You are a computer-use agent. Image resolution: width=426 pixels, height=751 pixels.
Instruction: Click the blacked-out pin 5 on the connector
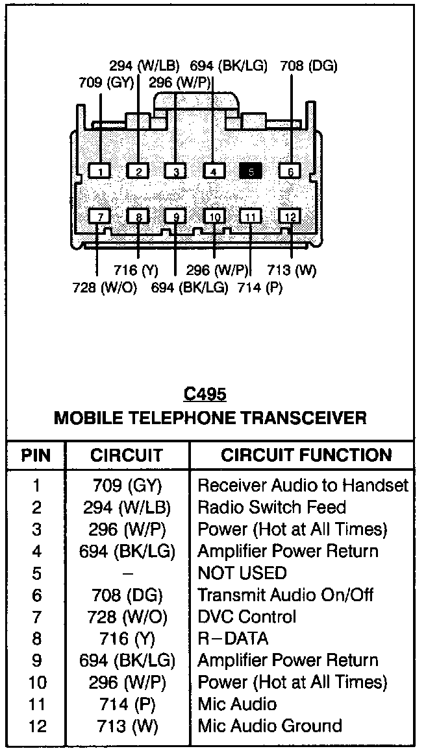click(x=251, y=171)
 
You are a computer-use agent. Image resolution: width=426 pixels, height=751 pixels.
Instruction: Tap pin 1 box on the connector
click(x=100, y=171)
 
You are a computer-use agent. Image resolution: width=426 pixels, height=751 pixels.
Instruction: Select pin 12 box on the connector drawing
click(x=290, y=217)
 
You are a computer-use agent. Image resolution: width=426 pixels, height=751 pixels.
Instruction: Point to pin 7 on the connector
click(x=100, y=217)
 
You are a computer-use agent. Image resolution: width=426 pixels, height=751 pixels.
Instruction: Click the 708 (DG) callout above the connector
click(x=308, y=66)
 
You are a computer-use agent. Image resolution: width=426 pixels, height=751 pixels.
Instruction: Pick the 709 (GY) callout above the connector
click(x=106, y=82)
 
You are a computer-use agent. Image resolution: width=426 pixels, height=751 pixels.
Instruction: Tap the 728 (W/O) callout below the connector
click(x=105, y=288)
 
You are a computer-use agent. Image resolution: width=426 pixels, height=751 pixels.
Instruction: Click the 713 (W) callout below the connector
click(x=292, y=270)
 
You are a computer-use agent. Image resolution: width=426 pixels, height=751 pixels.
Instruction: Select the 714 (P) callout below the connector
click(x=260, y=288)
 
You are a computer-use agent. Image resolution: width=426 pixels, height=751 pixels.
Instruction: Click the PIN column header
click(x=36, y=455)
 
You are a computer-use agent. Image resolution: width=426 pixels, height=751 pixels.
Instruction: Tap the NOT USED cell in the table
click(x=242, y=573)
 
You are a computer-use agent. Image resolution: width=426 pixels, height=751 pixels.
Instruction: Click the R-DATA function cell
click(x=232, y=639)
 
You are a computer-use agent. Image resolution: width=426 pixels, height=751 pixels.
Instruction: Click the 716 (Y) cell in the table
click(x=128, y=639)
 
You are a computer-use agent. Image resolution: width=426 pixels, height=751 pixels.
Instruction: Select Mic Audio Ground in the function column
click(x=269, y=726)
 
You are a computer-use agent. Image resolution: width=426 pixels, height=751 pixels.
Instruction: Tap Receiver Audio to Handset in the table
click(x=303, y=485)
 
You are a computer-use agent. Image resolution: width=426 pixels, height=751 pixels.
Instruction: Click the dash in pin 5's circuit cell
click(x=128, y=574)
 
